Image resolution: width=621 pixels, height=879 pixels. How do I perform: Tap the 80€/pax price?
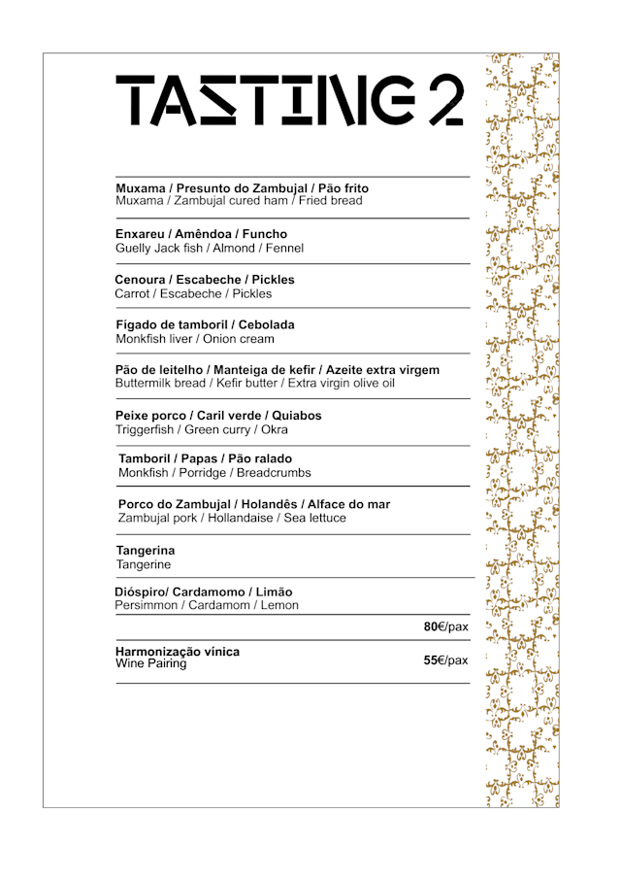point(445,626)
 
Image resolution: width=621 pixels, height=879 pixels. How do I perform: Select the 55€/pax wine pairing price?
point(445,660)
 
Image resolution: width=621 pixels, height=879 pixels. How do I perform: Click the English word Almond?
point(234,249)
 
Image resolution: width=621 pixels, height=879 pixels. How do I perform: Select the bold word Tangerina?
point(146,551)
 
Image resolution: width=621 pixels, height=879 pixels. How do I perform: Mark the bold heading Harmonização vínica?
point(178,651)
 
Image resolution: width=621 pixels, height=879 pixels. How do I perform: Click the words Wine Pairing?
point(151,664)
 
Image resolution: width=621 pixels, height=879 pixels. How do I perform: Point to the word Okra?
point(275,429)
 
